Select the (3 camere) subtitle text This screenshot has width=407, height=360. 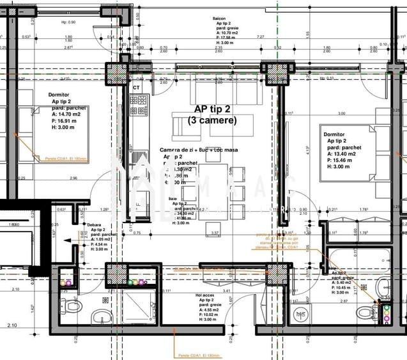(213, 120)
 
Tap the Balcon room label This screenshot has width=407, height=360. (220, 19)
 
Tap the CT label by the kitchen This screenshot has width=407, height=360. (136, 87)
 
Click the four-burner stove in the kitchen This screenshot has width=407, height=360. (139, 105)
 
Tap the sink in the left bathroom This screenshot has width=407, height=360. (101, 316)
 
